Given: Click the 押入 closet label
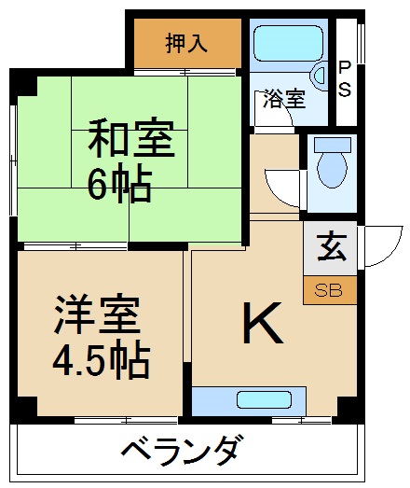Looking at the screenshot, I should (187, 42).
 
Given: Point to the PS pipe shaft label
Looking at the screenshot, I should (346, 79).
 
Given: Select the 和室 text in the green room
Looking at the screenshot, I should (130, 140).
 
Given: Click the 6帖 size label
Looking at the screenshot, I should (120, 188).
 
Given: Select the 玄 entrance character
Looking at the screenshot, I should (329, 248).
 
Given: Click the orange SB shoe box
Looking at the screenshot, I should (329, 290).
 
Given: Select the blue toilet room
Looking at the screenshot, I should (331, 174).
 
